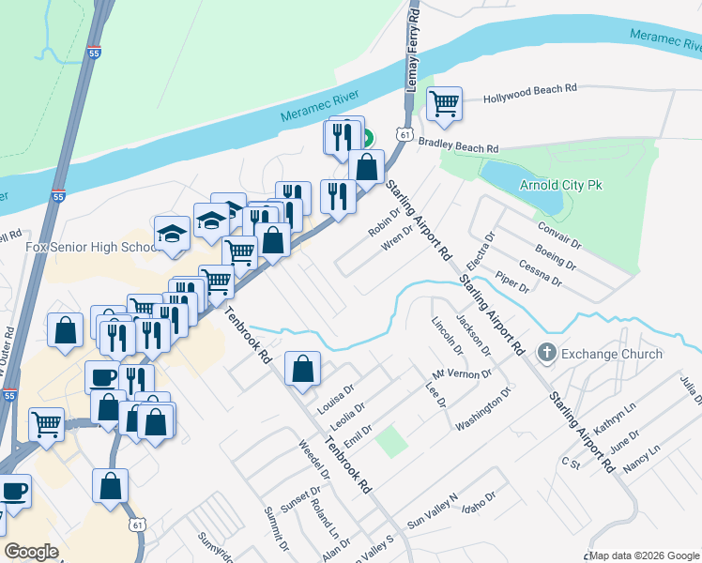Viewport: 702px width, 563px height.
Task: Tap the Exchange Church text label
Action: (612, 354)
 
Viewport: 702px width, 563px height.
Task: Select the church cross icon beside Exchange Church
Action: (547, 354)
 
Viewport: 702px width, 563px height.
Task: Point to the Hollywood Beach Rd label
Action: (529, 95)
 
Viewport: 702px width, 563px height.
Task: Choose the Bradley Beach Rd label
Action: (458, 146)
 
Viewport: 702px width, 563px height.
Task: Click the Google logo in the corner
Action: (31, 551)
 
